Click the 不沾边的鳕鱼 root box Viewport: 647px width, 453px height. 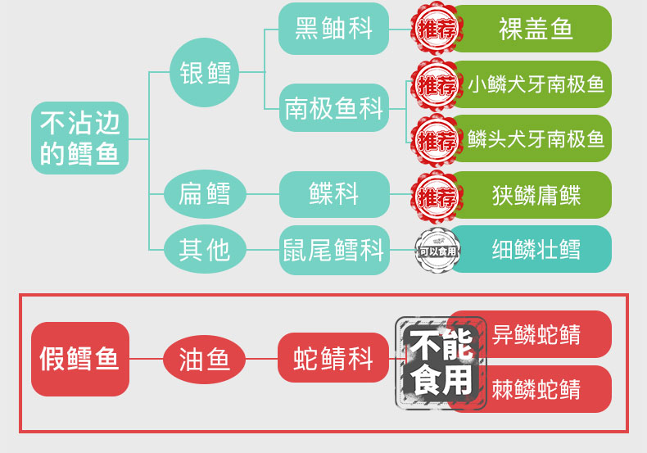pyautogui.click(x=80, y=138)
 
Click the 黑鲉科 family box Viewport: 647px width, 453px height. pyautogui.click(x=333, y=29)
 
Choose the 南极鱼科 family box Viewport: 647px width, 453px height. pyautogui.click(x=333, y=107)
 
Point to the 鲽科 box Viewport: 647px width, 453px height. pyautogui.click(x=333, y=194)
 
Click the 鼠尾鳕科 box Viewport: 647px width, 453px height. pyautogui.click(x=333, y=248)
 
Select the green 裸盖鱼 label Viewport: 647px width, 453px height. pyautogui.click(x=536, y=29)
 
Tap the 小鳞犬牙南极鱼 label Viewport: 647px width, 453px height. pyautogui.click(x=536, y=84)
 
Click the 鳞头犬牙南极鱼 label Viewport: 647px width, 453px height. pyautogui.click(x=536, y=138)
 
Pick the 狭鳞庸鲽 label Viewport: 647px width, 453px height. pyautogui.click(x=536, y=194)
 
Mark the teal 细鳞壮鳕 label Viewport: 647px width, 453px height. pyautogui.click(x=536, y=248)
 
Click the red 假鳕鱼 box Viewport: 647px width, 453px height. pyautogui.click(x=80, y=359)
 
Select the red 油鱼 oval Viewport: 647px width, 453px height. pyautogui.click(x=205, y=359)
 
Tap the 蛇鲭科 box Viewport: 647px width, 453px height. pyautogui.click(x=333, y=359)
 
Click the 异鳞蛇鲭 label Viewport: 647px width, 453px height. pyautogui.click(x=536, y=333)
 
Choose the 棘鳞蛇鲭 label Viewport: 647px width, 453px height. pyautogui.click(x=536, y=388)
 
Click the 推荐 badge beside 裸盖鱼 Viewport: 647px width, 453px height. pyautogui.click(x=437, y=30)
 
